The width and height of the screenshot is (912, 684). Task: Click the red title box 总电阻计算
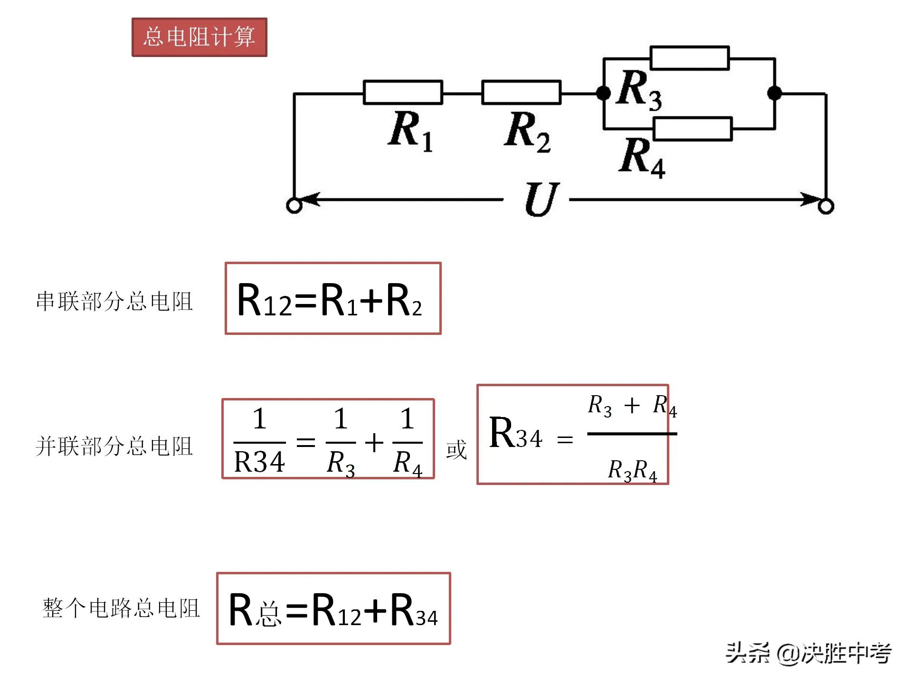click(x=199, y=37)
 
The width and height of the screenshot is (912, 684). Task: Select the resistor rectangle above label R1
click(x=403, y=92)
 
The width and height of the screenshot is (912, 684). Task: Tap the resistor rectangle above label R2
click(x=521, y=92)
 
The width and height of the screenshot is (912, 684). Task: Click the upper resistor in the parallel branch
click(x=689, y=58)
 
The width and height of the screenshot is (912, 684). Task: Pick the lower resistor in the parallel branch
click(x=693, y=129)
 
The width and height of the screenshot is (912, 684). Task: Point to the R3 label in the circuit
click(x=639, y=90)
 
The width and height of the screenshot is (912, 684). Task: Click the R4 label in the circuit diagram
click(x=642, y=157)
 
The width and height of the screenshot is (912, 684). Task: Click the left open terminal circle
click(x=294, y=206)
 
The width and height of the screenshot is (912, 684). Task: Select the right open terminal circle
click(x=826, y=206)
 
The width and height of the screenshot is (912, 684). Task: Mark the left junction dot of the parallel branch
click(x=603, y=93)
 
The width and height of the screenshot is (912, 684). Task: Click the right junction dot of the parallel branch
click(x=775, y=93)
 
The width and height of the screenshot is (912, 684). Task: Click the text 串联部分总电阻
click(x=114, y=301)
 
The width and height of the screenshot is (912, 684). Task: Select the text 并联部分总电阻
click(x=114, y=446)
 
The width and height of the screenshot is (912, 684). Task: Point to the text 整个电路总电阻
click(x=121, y=608)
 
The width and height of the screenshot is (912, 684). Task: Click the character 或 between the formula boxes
click(x=456, y=449)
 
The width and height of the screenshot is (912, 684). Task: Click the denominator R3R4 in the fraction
click(x=632, y=470)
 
